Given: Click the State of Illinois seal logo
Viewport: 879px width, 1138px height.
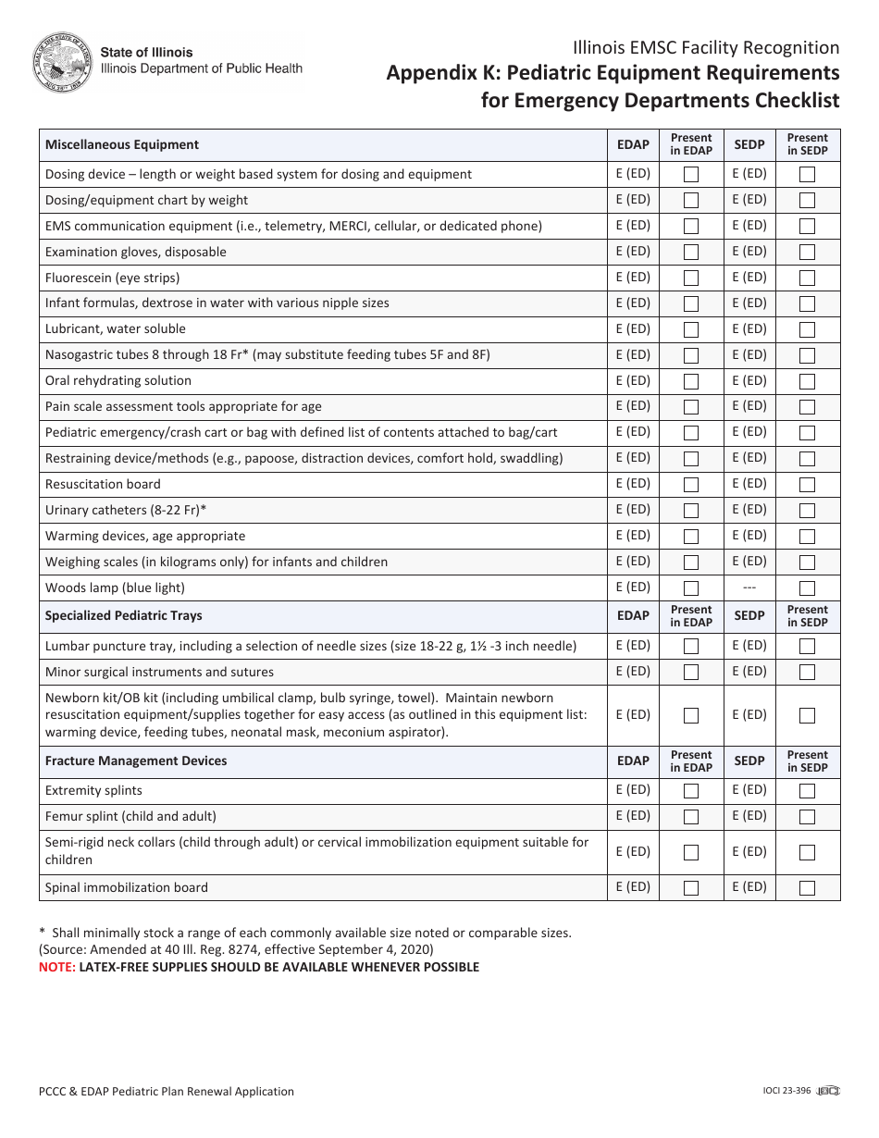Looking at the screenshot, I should coord(62,62).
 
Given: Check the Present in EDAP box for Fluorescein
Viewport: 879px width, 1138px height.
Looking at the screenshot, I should coord(691,278).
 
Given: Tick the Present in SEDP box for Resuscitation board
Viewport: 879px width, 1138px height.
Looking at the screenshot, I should coord(807,485).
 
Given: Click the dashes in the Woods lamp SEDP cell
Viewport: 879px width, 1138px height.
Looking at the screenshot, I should coord(749,588).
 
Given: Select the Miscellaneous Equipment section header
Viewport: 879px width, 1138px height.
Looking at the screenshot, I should coord(122,145).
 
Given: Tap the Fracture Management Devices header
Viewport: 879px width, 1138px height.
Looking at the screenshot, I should coord(136,761).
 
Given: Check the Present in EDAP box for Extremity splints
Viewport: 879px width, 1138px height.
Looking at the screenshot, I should coord(691,791).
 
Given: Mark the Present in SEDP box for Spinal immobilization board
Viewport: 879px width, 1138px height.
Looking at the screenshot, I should coord(807,888).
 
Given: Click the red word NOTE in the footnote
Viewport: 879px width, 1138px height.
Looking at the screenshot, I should coord(56,968).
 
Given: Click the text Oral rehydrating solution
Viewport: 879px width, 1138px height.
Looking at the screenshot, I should coord(118,381).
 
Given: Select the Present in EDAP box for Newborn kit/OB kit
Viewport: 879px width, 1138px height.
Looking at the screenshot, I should coord(691,715).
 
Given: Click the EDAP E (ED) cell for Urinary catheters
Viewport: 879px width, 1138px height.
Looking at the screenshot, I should coord(633,510).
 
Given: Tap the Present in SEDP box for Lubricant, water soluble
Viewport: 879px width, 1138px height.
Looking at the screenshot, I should coord(807,329).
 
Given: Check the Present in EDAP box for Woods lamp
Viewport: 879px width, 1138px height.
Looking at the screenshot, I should coord(691,588).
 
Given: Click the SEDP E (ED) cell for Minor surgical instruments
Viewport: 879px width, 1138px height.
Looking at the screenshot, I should coord(749,672).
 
